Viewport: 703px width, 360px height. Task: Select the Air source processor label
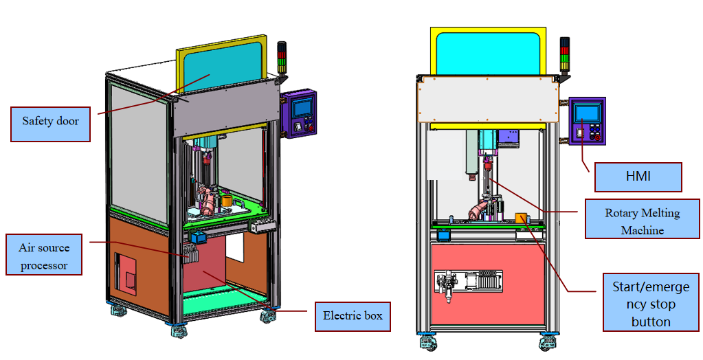[x=44, y=255]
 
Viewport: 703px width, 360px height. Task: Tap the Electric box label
[x=353, y=317]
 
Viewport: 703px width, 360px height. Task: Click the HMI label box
[x=638, y=177]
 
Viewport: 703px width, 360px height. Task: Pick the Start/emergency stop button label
[x=651, y=303]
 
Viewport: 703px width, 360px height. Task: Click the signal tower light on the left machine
[x=281, y=58]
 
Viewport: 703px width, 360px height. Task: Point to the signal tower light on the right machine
[x=564, y=55]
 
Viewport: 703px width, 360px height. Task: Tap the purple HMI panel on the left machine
[x=299, y=114]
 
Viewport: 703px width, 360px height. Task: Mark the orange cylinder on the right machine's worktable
[x=521, y=218]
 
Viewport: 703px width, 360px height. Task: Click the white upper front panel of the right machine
[x=487, y=100]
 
